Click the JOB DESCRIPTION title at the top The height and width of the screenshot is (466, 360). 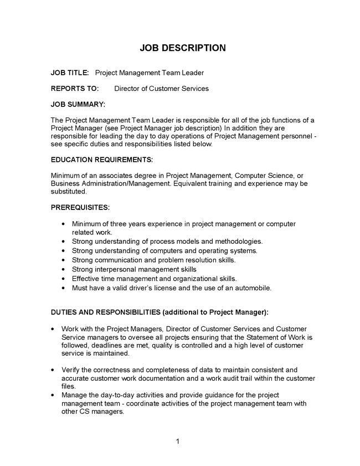[183, 48]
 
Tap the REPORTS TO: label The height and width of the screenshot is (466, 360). [75, 89]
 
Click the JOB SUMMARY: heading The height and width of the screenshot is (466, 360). [78, 104]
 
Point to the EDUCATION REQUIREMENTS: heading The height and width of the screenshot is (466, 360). [101, 160]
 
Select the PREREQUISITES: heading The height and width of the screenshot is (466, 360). [80, 207]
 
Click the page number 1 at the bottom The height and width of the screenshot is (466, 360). [177, 441]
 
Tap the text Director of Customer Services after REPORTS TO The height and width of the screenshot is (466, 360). [161, 89]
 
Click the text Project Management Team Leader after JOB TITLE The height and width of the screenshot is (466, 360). [150, 73]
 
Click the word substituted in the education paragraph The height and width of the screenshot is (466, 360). [69, 191]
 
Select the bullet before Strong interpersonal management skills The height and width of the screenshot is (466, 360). [65, 269]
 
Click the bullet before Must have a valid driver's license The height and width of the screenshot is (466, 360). [65, 288]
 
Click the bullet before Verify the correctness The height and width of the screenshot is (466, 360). [53, 370]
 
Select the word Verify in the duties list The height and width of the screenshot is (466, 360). [71, 370]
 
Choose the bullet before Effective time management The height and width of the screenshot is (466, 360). [65, 279]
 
